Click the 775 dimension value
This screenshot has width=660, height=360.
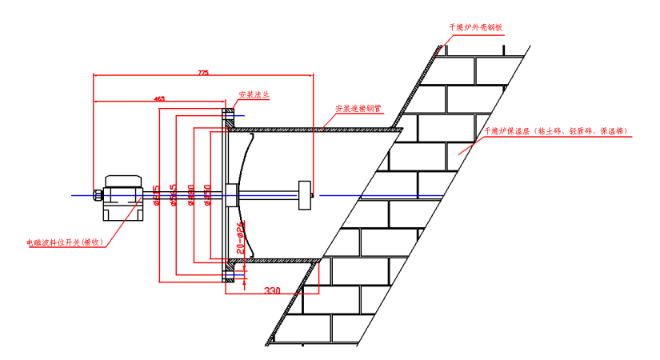point(202,73)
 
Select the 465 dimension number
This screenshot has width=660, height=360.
point(159,98)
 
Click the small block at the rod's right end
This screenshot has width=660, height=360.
point(304,194)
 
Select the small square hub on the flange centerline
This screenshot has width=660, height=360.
point(232,192)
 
